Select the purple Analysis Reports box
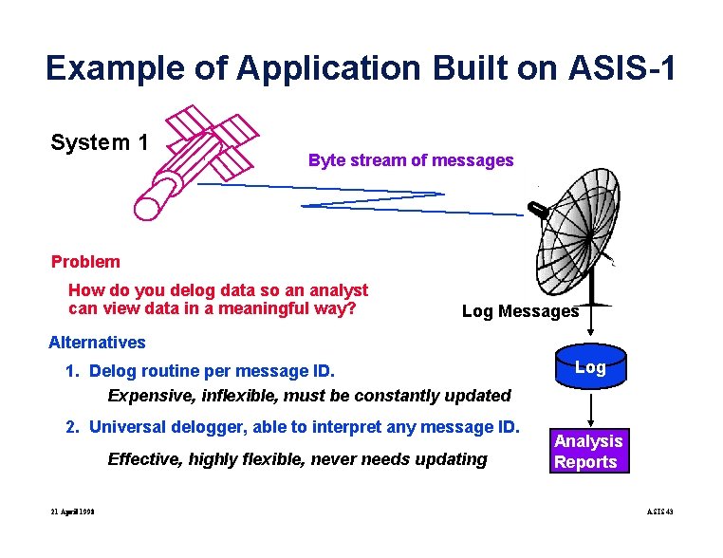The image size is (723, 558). click(588, 452)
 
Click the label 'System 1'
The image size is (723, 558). click(100, 143)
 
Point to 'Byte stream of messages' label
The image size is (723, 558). click(410, 160)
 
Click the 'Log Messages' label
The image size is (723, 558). click(519, 311)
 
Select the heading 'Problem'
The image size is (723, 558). click(85, 262)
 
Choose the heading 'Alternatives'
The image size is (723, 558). click(97, 343)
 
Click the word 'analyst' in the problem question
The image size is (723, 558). click(337, 290)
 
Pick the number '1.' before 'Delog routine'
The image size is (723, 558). click(72, 370)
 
